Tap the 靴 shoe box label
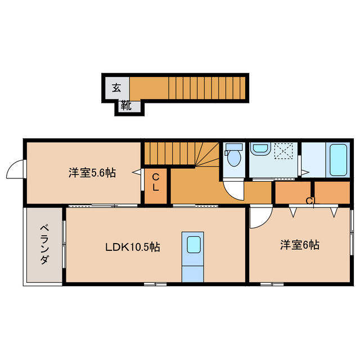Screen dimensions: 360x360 tap(127, 105)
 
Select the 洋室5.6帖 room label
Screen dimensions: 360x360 tap(92, 173)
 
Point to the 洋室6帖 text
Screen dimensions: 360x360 tap(300, 245)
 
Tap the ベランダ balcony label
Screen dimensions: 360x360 tap(43, 245)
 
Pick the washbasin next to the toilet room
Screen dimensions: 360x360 tap(260, 150)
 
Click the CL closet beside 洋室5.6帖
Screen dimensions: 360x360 tap(156, 183)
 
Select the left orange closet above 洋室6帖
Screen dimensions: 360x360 tap(292, 192)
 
